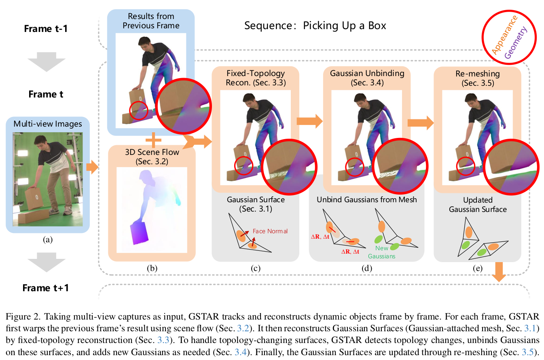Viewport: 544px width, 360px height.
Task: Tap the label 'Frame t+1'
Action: [x=46, y=288]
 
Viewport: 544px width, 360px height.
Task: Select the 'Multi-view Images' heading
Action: [x=48, y=123]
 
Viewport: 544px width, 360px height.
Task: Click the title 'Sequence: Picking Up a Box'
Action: [x=315, y=26]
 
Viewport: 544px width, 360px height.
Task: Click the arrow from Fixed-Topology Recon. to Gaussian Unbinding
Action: [x=309, y=120]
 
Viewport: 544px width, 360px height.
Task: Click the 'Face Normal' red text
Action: [x=270, y=231]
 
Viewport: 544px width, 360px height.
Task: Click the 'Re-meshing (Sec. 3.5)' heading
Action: [x=477, y=78]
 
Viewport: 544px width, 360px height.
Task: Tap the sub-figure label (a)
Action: [x=48, y=239]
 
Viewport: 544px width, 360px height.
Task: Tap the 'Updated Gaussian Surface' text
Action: [x=477, y=205]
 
